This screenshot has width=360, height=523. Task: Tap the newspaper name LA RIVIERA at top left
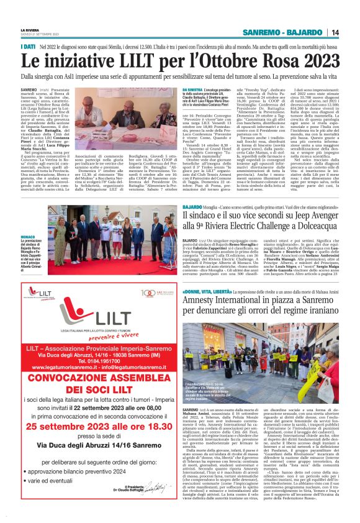[30, 30]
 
